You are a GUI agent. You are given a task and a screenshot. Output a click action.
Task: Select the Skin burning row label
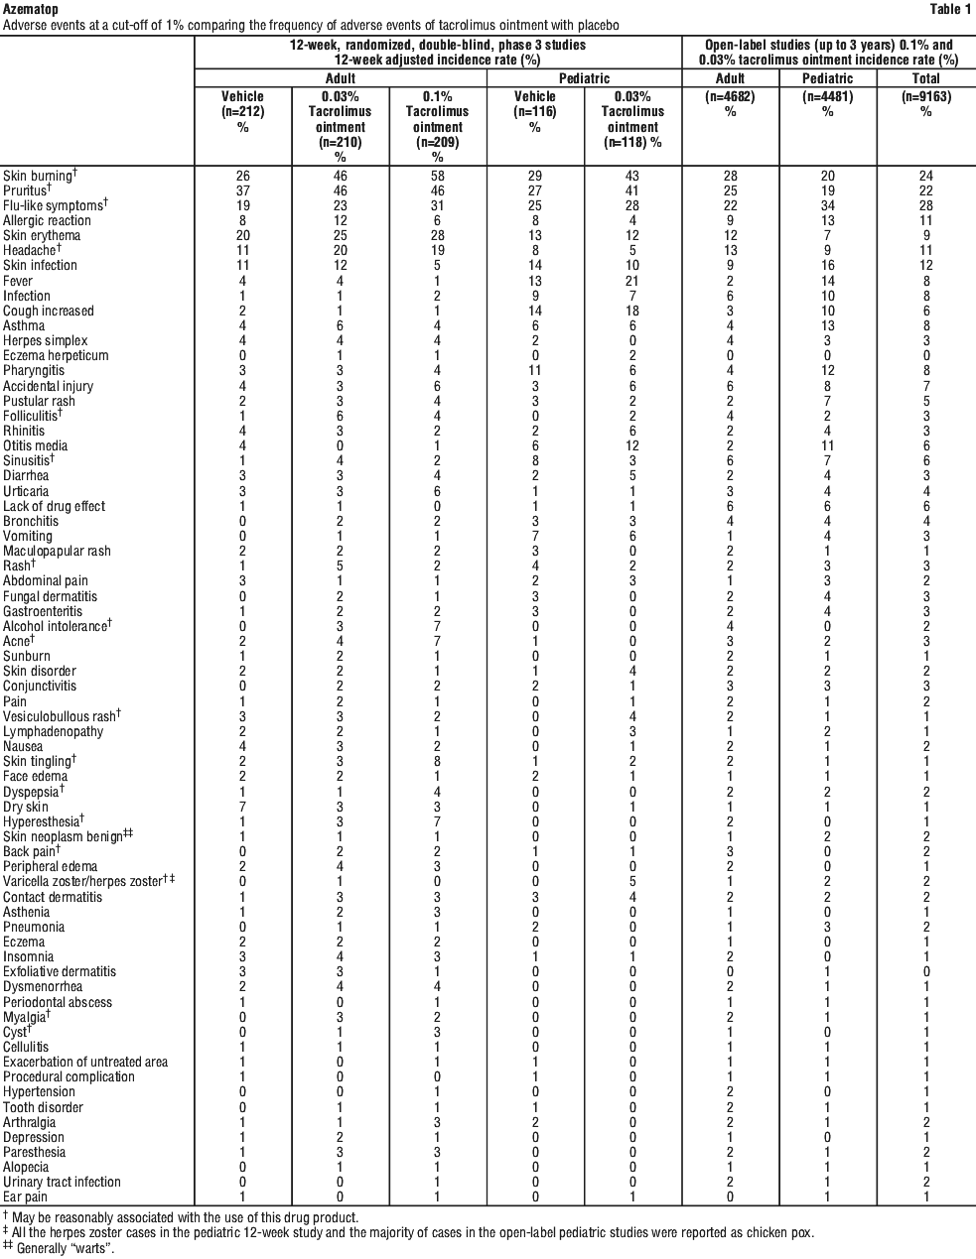pyautogui.click(x=38, y=176)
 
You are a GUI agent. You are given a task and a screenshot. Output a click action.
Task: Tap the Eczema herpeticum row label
pyautogui.click(x=56, y=355)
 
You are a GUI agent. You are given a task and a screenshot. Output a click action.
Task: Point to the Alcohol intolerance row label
pyautogui.click(x=55, y=626)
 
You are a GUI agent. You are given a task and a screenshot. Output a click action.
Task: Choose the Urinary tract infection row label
pyautogui.click(x=62, y=1182)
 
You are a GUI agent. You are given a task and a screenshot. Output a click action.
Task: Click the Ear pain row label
pyautogui.click(x=26, y=1196)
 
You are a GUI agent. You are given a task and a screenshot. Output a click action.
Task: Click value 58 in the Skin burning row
pyautogui.click(x=438, y=176)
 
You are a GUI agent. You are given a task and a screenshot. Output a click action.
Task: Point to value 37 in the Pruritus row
pyautogui.click(x=242, y=190)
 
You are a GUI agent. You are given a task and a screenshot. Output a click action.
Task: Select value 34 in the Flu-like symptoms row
pyautogui.click(x=827, y=205)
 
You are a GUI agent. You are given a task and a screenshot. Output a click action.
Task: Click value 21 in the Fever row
pyautogui.click(x=632, y=281)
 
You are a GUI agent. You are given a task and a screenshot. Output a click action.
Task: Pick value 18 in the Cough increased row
pyautogui.click(x=632, y=311)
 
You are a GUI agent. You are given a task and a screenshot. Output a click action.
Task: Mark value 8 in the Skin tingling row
pyautogui.click(x=438, y=761)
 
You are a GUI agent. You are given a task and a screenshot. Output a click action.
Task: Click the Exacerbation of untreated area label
pyautogui.click(x=85, y=1062)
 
